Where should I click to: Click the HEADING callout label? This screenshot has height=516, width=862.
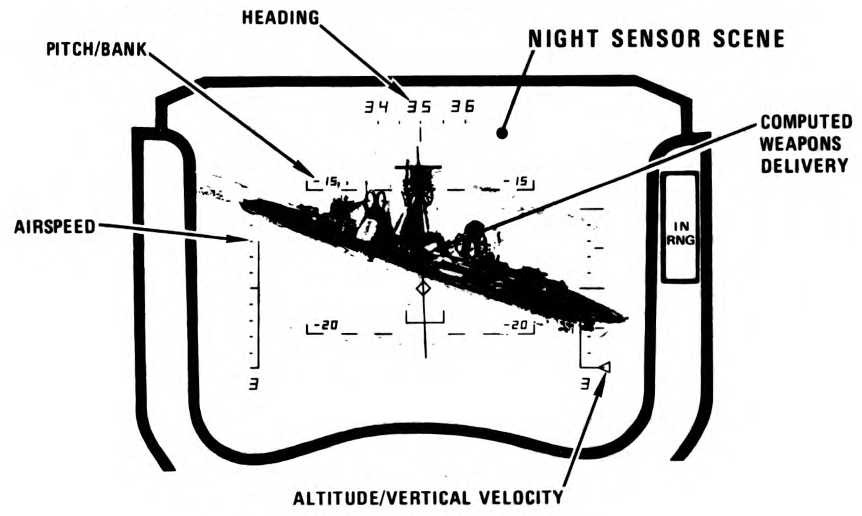[x=280, y=17]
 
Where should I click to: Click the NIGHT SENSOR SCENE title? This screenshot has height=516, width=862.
[x=656, y=40]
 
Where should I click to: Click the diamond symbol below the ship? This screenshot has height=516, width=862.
[x=423, y=289]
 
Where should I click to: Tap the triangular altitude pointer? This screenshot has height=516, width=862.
[x=603, y=368]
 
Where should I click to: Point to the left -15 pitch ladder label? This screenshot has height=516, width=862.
[x=329, y=182]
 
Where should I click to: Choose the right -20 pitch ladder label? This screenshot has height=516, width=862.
[x=518, y=325]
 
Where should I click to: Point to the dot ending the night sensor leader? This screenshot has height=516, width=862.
[x=502, y=134]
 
